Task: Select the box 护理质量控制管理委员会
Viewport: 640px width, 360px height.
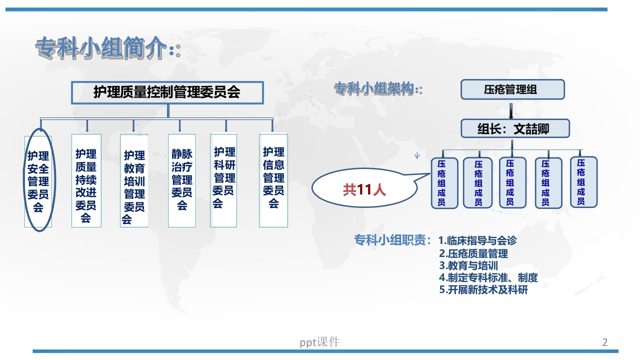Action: pos(167,92)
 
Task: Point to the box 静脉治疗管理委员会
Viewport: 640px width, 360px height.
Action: pos(181,180)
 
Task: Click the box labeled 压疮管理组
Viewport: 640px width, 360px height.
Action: pos(512,90)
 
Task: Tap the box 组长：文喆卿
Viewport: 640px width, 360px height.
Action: pos(514,129)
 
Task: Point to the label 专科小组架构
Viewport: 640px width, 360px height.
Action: pos(375,89)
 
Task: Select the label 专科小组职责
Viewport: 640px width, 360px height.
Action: pos(391,240)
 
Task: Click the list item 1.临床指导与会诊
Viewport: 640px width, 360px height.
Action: pos(477,240)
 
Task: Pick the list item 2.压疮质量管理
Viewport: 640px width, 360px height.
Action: pos(473,253)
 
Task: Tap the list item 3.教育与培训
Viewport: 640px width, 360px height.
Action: pos(468,266)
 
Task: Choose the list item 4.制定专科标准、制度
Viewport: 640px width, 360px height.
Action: pos(488,278)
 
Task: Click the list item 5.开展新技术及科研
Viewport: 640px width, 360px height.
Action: pos(483,290)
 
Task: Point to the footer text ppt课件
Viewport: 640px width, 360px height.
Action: pos(319,342)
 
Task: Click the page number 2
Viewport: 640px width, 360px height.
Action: pos(604,342)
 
